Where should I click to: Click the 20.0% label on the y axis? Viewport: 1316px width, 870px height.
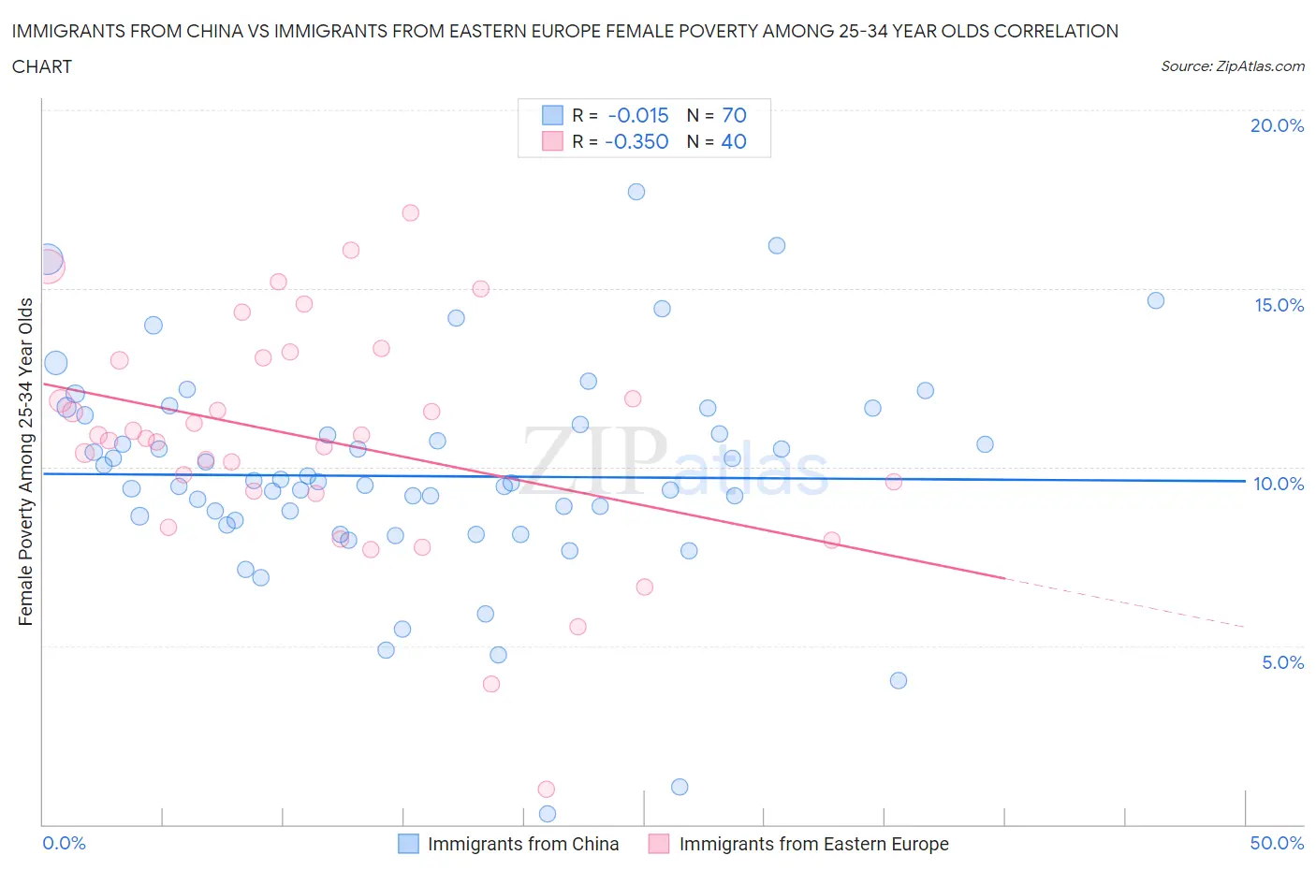pyautogui.click(x=1277, y=125)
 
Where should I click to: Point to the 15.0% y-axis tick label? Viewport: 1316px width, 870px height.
pyautogui.click(x=1279, y=305)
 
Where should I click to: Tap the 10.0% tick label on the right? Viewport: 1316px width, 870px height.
pyautogui.click(x=1279, y=484)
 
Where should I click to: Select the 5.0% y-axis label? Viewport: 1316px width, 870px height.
pyautogui.click(x=1282, y=662)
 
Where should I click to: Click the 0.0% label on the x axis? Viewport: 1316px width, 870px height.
pyautogui.click(x=65, y=843)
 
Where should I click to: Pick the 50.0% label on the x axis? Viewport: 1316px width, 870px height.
pyautogui.click(x=1277, y=843)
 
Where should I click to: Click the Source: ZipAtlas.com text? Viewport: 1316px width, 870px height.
pyautogui.click(x=1232, y=66)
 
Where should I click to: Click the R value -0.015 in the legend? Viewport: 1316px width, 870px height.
pyautogui.click(x=638, y=115)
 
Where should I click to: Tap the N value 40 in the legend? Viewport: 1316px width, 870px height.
pyautogui.click(x=734, y=141)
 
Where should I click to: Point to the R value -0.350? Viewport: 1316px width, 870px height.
pyautogui.click(x=636, y=141)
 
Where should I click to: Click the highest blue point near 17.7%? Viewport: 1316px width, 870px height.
pyautogui.click(x=636, y=192)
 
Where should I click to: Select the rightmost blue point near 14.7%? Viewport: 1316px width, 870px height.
pyautogui.click(x=1156, y=300)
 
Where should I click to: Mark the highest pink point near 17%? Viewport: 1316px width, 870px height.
pyautogui.click(x=410, y=212)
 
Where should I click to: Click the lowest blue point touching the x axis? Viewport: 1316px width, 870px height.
pyautogui.click(x=548, y=814)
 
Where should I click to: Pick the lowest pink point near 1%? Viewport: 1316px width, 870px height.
pyautogui.click(x=547, y=790)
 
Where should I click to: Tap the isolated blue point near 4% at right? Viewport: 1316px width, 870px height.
pyautogui.click(x=899, y=680)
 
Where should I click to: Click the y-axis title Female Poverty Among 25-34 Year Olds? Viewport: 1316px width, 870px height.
pyautogui.click(x=25, y=461)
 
